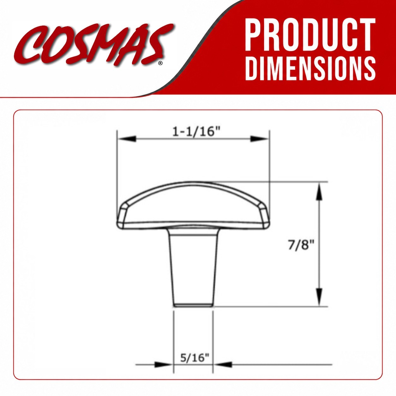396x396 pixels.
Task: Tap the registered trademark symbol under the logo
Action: click(160, 63)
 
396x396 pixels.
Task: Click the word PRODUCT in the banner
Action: click(310, 35)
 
